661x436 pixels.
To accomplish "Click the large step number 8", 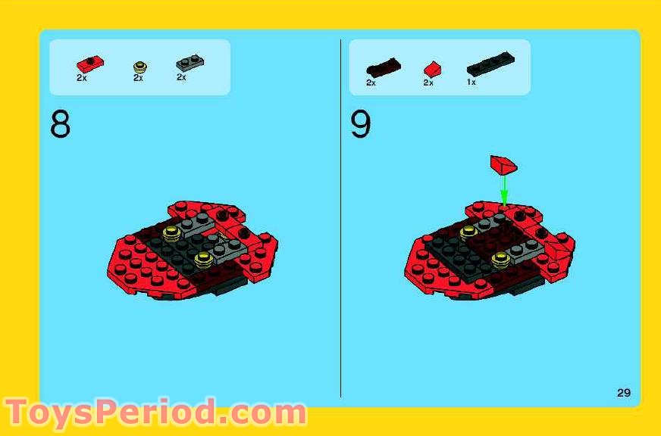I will (x=60, y=125).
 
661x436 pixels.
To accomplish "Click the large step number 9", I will (x=360, y=125).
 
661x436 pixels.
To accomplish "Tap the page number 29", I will (x=623, y=392).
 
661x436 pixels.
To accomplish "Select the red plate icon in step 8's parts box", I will (x=89, y=64).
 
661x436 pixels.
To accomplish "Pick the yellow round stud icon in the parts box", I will (x=139, y=67).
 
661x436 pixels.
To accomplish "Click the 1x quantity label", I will (x=471, y=82).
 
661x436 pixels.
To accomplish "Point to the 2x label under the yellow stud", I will (x=138, y=78).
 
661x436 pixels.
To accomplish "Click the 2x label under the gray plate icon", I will (x=181, y=77).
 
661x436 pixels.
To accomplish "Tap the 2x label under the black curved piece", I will (x=371, y=83).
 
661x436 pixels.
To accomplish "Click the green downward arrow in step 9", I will (x=503, y=189).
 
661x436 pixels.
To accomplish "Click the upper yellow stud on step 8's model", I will (x=172, y=232).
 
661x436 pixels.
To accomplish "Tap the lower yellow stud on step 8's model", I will (x=202, y=260).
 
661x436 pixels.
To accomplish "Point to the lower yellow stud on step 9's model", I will (x=500, y=260).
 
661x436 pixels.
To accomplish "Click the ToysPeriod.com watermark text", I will (x=155, y=413).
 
